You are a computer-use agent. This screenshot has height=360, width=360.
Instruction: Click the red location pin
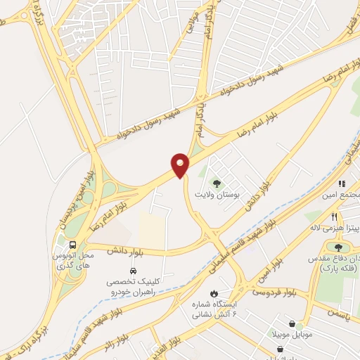point(181,165)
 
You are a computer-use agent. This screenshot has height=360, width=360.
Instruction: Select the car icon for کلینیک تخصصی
point(132,271)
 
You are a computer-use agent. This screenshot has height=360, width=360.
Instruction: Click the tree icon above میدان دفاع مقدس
point(339,247)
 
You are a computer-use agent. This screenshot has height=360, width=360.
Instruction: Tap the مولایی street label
point(190,25)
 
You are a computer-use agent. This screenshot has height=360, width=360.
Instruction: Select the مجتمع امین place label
point(343,194)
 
